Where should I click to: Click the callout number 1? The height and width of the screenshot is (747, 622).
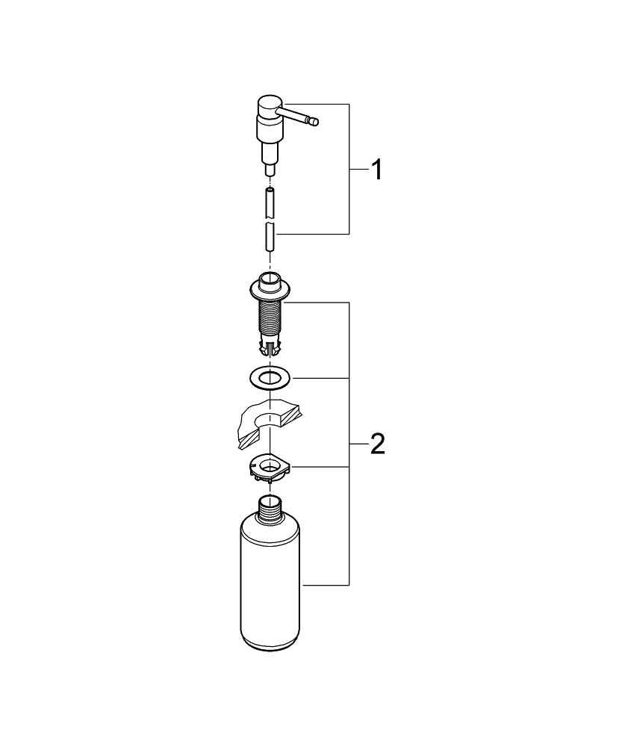[377, 171]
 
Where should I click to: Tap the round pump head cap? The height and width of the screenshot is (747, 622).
[269, 103]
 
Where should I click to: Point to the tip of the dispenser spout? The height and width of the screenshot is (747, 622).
[315, 120]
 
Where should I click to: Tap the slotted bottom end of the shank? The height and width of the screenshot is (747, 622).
[270, 347]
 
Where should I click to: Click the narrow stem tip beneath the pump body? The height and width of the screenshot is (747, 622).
[270, 170]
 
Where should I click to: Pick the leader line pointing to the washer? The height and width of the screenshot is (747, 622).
[321, 378]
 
